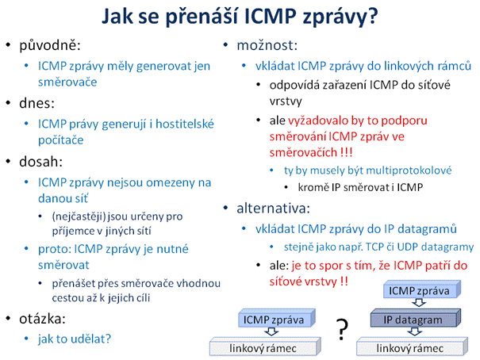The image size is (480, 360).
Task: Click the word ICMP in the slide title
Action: (271, 16)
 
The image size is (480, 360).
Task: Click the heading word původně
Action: (50, 45)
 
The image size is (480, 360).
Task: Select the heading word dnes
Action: (36, 103)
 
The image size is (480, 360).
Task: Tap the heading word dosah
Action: (40, 162)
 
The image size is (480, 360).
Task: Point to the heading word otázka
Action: (42, 319)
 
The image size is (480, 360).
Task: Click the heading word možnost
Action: (267, 45)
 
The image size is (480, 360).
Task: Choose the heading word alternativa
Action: (273, 209)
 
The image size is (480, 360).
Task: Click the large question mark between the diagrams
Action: (342, 329)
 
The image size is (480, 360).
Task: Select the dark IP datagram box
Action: (416, 318)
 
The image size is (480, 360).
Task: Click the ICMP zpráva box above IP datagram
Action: (422, 289)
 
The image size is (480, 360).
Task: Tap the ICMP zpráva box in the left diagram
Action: (276, 318)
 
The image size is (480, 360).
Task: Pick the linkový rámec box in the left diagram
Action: (265, 347)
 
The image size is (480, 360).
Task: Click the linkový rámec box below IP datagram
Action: (412, 347)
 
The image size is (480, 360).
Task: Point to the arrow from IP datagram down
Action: (415, 331)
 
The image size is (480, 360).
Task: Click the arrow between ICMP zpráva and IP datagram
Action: (419, 302)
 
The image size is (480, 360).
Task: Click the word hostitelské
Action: (185, 124)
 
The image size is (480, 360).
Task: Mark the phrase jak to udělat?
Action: (75, 339)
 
